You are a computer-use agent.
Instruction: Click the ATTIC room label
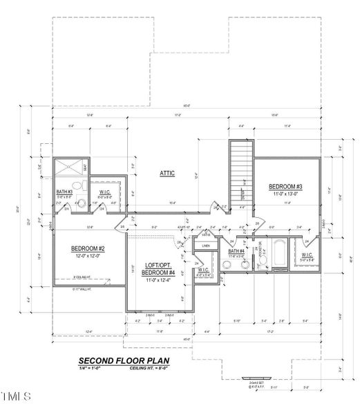tap(168, 173)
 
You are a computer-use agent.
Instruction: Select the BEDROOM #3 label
tap(285, 187)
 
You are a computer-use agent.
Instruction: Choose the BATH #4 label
tap(237, 251)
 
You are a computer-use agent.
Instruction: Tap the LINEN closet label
tap(206, 246)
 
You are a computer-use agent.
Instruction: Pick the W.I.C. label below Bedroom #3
tap(307, 257)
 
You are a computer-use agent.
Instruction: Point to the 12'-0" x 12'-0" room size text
tap(88, 255)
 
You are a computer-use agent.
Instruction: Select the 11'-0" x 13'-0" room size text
tap(285, 194)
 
